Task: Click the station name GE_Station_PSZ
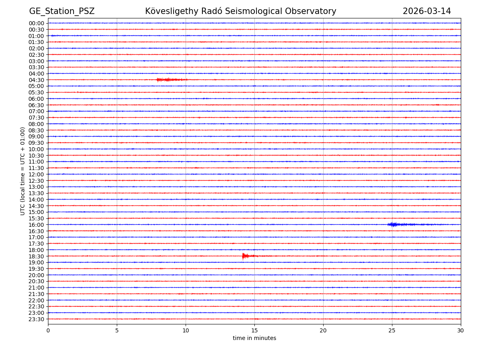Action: [x=62, y=11]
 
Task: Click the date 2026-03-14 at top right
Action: [x=426, y=11]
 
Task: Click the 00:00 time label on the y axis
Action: [x=36, y=23]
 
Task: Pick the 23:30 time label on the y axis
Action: [x=36, y=319]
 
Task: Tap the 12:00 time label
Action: [x=36, y=174]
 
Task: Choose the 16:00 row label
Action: [x=36, y=225]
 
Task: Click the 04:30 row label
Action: [x=36, y=80]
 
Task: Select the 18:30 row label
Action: [x=36, y=256]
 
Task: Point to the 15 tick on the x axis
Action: [x=254, y=330]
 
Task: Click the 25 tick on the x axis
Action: [x=392, y=330]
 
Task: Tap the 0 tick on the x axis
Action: [x=48, y=330]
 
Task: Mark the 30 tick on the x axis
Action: [x=461, y=330]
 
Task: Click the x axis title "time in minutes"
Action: [x=254, y=338]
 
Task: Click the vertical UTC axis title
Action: [x=23, y=171]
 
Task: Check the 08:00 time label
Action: [x=36, y=124]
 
